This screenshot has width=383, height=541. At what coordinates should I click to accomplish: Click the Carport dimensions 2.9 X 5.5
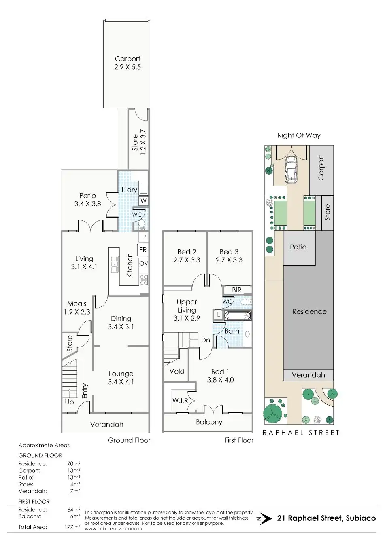128,67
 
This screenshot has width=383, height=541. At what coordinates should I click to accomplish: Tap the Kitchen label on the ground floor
130,265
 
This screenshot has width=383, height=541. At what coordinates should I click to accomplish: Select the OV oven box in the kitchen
143,263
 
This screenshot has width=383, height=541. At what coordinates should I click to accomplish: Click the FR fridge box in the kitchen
143,250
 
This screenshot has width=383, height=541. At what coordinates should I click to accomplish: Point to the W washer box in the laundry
143,201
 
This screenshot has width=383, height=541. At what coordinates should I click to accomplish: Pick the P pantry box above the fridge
143,237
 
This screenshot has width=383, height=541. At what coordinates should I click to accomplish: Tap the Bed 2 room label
187,252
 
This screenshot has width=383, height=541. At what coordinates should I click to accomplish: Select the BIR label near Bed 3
237,290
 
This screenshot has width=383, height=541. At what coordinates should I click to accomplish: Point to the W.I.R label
180,400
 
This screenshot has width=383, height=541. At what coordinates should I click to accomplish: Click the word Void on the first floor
177,371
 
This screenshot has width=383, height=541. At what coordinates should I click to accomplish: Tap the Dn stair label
206,340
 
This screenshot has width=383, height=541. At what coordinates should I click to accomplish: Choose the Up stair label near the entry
69,402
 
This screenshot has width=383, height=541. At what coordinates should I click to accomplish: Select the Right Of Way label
299,135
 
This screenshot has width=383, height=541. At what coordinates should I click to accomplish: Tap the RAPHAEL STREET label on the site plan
301,433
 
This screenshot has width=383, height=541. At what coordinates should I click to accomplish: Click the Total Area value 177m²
74,527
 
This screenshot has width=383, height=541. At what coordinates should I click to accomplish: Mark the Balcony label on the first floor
209,422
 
